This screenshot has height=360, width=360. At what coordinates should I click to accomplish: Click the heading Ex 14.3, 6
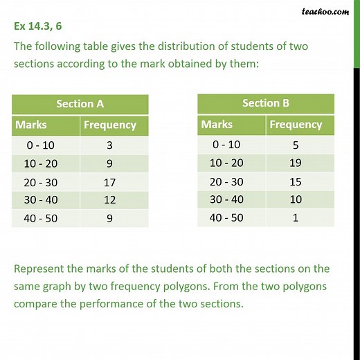40,28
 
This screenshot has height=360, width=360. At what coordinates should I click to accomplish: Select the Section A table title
80,104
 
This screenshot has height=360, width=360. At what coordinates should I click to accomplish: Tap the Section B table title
266,103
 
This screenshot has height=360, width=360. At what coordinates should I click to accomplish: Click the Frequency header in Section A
109,125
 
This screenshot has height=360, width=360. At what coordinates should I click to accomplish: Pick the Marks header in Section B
217,125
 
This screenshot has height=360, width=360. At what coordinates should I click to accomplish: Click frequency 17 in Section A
110,183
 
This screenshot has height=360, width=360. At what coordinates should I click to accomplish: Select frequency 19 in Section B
296,163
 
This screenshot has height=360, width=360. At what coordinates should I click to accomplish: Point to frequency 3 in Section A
110,145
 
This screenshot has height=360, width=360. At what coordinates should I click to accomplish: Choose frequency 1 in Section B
296,217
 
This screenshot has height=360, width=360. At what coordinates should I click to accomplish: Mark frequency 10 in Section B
296,199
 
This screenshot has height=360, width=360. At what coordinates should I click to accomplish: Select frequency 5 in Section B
296,145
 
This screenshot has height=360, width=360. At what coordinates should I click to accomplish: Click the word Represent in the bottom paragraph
43,269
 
